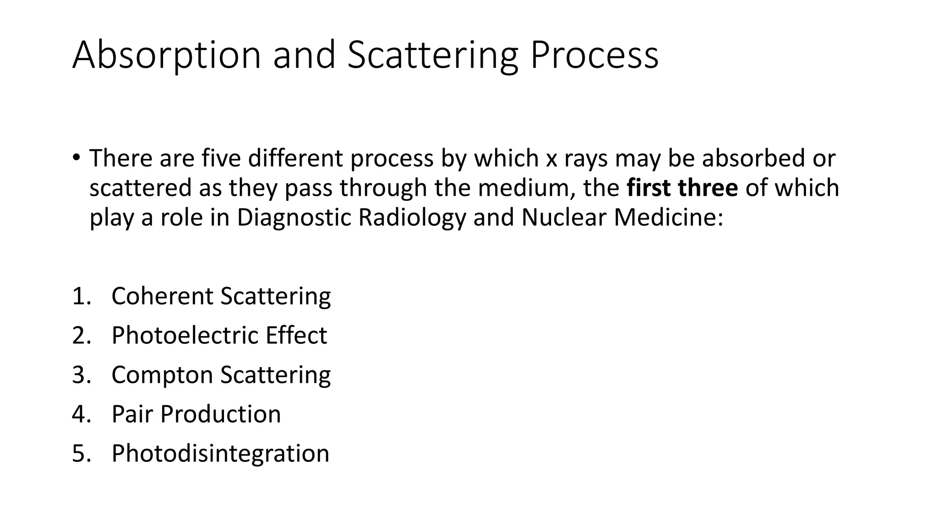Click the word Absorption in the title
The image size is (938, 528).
(x=166, y=55)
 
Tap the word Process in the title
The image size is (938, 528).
(x=594, y=55)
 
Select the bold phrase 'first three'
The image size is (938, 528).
(x=682, y=188)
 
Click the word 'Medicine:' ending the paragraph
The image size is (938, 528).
(x=668, y=218)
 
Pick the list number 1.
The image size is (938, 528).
(x=81, y=296)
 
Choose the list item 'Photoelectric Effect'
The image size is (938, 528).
(x=219, y=335)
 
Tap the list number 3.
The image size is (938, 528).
(x=81, y=375)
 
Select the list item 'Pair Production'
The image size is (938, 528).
(x=196, y=414)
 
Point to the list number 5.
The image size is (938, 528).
(x=81, y=454)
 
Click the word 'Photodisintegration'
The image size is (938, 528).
(x=220, y=454)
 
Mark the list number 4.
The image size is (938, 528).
(x=81, y=414)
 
